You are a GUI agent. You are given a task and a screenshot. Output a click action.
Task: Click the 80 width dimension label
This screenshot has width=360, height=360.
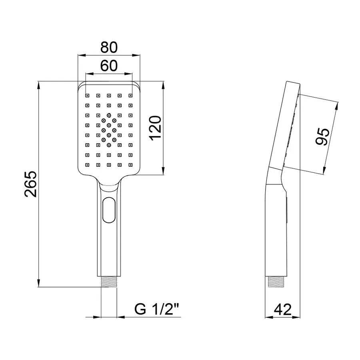click(109, 47)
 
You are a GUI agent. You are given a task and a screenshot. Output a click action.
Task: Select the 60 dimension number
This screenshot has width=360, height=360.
click(109, 65)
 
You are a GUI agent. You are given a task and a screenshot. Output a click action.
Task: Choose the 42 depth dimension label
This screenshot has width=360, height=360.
click(282, 309)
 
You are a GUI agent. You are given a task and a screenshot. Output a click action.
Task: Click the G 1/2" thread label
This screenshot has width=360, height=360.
click(157, 309)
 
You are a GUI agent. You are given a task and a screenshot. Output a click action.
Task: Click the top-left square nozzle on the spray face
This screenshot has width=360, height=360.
click(86, 96)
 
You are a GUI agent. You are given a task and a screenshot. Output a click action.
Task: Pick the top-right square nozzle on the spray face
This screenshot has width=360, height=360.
click(130, 96)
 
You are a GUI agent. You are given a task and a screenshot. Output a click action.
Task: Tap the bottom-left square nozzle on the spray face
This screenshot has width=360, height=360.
click(86, 164)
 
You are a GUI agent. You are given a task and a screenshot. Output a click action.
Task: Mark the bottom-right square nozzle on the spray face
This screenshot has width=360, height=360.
click(130, 164)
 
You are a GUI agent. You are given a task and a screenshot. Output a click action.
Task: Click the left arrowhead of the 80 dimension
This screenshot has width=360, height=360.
click(80, 55)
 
